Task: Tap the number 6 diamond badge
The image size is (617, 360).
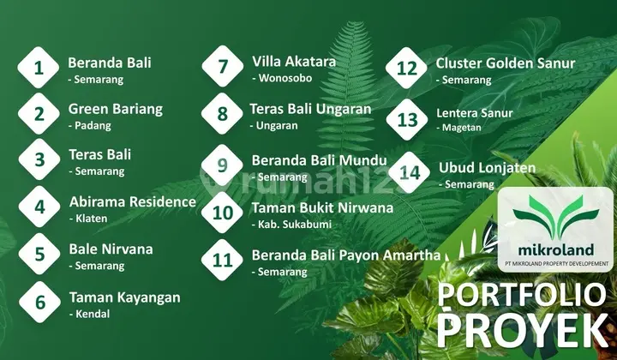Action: (x=39, y=303)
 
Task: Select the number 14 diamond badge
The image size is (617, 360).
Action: (x=410, y=172)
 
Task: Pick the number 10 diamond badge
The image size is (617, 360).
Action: (x=223, y=212)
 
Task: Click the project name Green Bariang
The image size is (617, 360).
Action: (x=115, y=109)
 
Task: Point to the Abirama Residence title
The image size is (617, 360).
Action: (x=132, y=202)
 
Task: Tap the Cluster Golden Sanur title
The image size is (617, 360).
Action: (x=506, y=63)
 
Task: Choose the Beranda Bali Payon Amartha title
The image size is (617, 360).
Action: (x=345, y=255)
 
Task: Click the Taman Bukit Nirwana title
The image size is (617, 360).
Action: (x=322, y=207)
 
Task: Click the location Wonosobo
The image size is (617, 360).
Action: (x=282, y=78)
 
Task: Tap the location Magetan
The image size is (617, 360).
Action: (x=461, y=128)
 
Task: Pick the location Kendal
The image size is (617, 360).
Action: (x=90, y=314)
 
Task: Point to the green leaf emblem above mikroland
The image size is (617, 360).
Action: (x=556, y=215)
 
